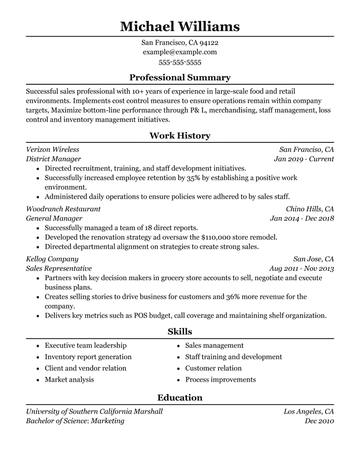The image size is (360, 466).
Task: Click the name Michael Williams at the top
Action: [x=180, y=26]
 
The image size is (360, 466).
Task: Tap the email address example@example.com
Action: [x=180, y=52]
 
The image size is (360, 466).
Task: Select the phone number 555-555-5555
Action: [x=180, y=62]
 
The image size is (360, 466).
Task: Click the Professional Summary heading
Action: [x=180, y=78]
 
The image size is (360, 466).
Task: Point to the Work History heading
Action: [x=180, y=136]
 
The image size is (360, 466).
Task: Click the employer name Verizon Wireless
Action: [x=52, y=150]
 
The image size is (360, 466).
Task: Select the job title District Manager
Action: [x=53, y=159]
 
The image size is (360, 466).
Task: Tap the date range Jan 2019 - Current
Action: [x=304, y=159]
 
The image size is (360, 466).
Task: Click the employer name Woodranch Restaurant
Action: [x=63, y=209]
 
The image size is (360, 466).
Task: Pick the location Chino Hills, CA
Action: [x=309, y=209]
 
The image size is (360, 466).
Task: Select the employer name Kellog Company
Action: [x=52, y=259]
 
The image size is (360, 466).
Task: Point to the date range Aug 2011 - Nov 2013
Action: [x=301, y=269]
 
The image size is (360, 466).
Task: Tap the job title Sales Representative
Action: [x=59, y=269]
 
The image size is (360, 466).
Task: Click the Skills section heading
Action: [x=180, y=332]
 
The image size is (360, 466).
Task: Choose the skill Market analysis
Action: [x=69, y=380]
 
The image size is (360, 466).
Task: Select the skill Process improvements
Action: [x=220, y=380]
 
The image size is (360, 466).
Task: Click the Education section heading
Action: [x=180, y=398]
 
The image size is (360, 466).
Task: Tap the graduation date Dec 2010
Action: [x=319, y=421]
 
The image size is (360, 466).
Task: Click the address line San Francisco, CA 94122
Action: [x=180, y=42]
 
